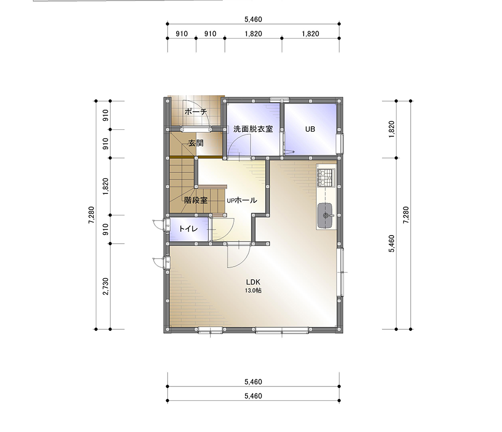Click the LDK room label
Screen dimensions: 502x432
coord(253,282)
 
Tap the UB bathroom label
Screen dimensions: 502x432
coord(310,129)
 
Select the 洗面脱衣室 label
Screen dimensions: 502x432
coord(253,129)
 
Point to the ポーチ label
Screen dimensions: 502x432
coord(196,112)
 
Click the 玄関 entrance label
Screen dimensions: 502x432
coord(196,143)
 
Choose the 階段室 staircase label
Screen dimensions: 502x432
coord(196,200)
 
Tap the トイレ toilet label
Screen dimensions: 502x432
coord(188,229)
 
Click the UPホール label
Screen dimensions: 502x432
coord(242,200)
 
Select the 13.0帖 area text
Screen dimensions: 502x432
coord(253,291)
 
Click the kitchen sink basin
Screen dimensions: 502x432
coord(326,215)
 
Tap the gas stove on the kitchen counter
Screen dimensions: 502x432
coord(326,178)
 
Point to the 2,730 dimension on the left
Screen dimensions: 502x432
coord(105,286)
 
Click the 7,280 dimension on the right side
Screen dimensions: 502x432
coord(406,215)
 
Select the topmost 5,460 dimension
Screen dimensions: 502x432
coord(253,20)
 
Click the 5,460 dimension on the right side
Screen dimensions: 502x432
coord(392,244)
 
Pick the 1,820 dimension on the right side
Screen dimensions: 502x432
coord(392,129)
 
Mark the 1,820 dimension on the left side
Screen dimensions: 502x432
coord(105,186)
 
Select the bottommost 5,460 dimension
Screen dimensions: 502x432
coord(253,396)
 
